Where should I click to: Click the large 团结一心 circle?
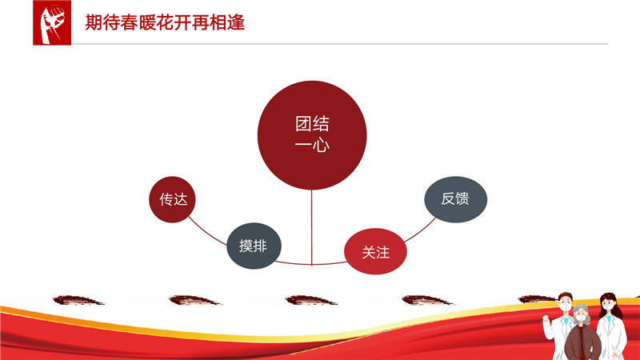(x=312, y=135)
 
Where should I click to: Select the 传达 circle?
(x=172, y=199)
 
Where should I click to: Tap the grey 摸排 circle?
(x=254, y=246)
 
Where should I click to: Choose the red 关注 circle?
(x=375, y=251)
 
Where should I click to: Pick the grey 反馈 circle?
(x=455, y=199)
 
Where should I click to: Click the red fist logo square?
(x=52, y=22)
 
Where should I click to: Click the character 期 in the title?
(x=94, y=22)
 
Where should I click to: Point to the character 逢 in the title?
(x=236, y=22)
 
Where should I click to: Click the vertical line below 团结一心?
(x=311, y=227)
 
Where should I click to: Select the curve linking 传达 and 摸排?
(x=207, y=233)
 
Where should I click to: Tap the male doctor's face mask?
(x=566, y=307)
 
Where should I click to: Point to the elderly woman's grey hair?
(x=581, y=310)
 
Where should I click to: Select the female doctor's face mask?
(x=608, y=306)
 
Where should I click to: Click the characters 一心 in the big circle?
(x=312, y=146)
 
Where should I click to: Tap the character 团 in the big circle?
(x=303, y=124)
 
